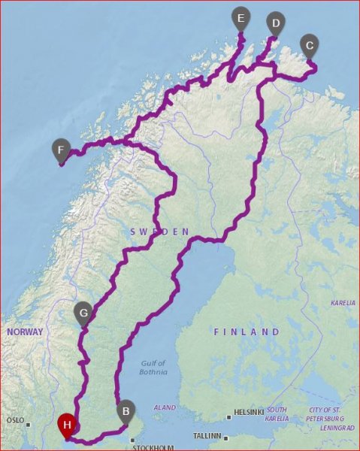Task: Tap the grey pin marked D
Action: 276,24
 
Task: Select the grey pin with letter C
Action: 308,46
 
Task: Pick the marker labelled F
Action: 61,150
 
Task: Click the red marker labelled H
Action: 68,425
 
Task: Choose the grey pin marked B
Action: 126,411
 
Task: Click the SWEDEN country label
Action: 160,232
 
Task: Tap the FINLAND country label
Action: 247,331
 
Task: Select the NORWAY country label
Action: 26,331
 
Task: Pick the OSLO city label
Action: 15,420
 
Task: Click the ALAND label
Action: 164,407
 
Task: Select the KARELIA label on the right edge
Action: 343,303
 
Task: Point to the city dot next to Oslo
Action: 29,425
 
